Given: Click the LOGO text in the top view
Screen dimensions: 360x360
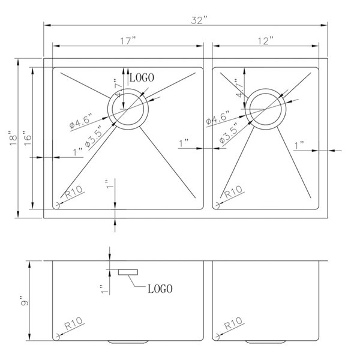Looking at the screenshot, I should point(142,78).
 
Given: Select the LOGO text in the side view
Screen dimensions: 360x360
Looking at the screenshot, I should point(160,289).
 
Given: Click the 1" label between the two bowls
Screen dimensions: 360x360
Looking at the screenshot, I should point(185,143).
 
